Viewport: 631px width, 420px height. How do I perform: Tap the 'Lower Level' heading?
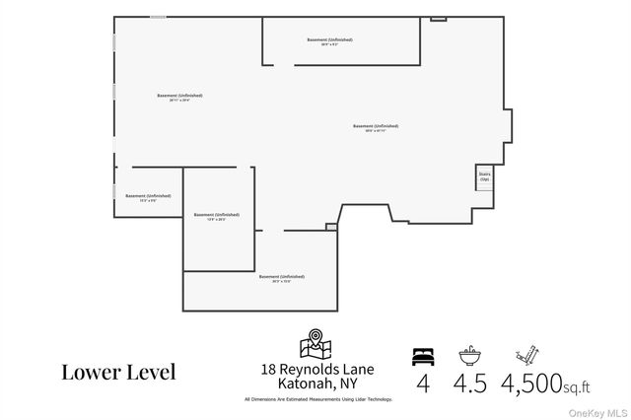tap(118, 372)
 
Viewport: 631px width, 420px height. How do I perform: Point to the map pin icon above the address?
tap(316, 344)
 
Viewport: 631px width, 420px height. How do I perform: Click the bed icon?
tap(422, 355)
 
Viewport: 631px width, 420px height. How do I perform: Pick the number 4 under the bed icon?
tap(422, 383)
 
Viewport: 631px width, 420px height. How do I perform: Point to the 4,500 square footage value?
tap(532, 383)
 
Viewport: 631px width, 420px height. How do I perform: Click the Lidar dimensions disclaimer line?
tap(317, 399)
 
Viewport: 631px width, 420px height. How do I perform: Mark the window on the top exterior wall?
tap(158, 17)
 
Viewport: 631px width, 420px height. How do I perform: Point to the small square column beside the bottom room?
tap(331, 227)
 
